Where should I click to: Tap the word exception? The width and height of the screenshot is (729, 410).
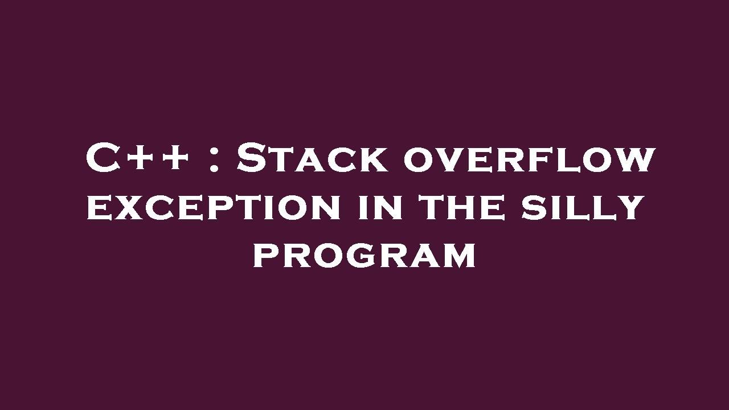(x=214, y=207)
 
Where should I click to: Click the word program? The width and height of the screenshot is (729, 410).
(x=364, y=256)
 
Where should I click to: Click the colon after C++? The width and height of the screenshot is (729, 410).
(x=214, y=160)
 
